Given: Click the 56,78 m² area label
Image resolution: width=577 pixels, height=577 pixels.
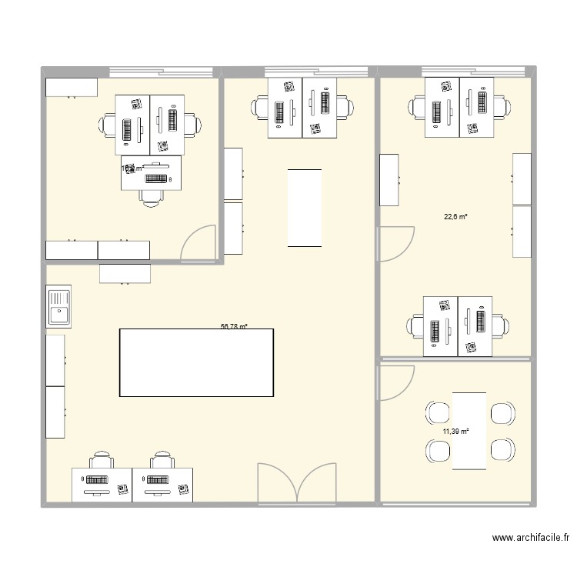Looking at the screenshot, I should coord(234,326).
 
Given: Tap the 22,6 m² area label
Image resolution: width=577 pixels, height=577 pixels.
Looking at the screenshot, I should coord(455,217).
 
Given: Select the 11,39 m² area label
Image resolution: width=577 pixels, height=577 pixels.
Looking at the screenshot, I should coord(455,432).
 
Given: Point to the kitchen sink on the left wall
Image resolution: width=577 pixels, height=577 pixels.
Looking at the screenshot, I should coord(58,305).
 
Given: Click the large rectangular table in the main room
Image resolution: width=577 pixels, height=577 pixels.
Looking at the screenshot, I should coord(196,362).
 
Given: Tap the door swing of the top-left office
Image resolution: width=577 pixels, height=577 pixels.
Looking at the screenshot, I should coord(198,242).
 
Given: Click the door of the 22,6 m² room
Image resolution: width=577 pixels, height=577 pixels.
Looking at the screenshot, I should coord(394,245).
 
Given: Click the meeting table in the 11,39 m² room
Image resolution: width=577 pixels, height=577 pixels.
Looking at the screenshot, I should coord(469,430).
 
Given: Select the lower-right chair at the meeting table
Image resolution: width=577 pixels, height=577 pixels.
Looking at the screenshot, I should coord(502,449).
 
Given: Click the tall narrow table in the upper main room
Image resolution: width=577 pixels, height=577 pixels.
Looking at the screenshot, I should coord(305,208).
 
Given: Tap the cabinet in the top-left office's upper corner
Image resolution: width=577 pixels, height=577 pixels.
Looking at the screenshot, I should coord(71,86).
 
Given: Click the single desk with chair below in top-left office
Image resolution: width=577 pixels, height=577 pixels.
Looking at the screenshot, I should coord(152,173).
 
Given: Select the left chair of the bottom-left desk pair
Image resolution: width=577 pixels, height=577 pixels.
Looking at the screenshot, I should coord(102,462).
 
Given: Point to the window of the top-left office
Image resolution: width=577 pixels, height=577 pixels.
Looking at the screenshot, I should coord(160,72).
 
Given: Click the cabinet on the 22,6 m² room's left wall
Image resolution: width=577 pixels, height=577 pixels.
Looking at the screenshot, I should coord(389,179).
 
